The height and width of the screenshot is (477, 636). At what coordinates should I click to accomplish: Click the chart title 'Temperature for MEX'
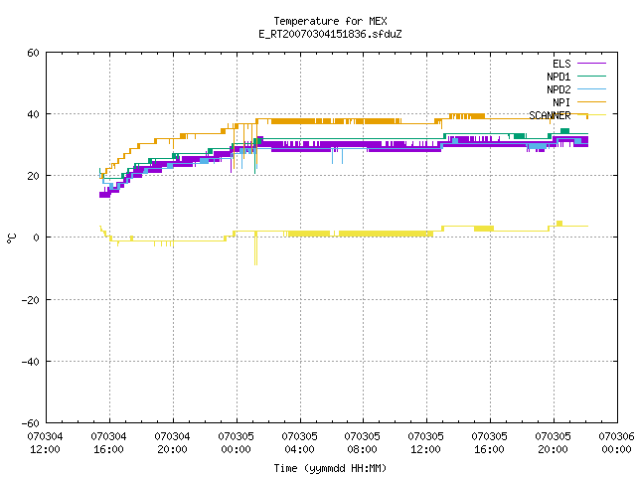coord(330,21)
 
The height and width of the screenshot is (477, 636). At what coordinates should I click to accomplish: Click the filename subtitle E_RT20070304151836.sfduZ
coord(330,34)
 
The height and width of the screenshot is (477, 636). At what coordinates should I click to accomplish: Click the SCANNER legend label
coord(550,115)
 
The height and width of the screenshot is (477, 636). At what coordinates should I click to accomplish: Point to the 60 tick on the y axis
coord(33,53)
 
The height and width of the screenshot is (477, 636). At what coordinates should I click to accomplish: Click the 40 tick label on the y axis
coord(33,114)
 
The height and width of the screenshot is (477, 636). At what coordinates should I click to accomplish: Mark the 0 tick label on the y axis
coord(36,238)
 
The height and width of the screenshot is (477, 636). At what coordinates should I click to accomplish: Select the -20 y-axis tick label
coord(31,300)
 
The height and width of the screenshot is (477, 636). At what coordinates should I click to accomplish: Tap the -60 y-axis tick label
coord(31,423)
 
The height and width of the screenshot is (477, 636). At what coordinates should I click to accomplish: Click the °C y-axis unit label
coord(11,238)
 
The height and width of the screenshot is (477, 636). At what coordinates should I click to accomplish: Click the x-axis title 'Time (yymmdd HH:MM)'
coord(330,468)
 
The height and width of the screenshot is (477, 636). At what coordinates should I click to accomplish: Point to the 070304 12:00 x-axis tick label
coord(45,443)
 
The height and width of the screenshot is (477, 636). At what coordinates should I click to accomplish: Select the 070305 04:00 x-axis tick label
coord(299,443)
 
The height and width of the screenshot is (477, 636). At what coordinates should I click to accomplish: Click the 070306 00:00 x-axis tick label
coord(616,443)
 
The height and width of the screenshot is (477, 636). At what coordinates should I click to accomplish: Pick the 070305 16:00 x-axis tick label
coord(489,443)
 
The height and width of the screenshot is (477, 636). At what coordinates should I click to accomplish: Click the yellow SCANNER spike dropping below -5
coord(255,248)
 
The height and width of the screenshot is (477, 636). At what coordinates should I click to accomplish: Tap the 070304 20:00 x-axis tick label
coord(172,443)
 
